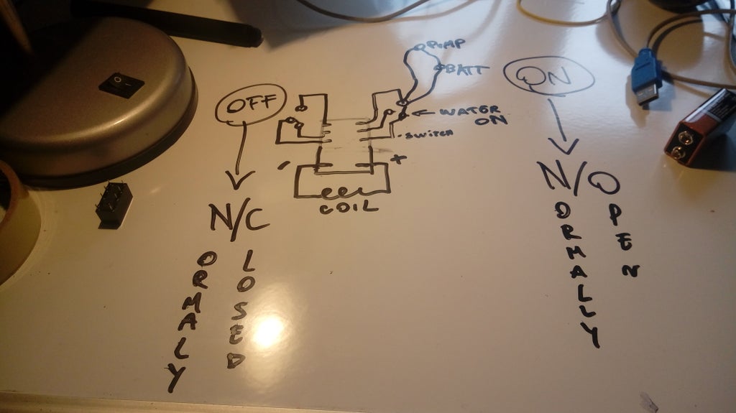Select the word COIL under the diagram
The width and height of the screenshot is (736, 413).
click(x=341, y=208)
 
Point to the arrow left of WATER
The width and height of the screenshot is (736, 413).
click(x=424, y=112)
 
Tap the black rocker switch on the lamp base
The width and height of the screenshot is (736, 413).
click(x=121, y=85)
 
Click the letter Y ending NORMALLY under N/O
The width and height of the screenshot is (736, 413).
click(x=591, y=334)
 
